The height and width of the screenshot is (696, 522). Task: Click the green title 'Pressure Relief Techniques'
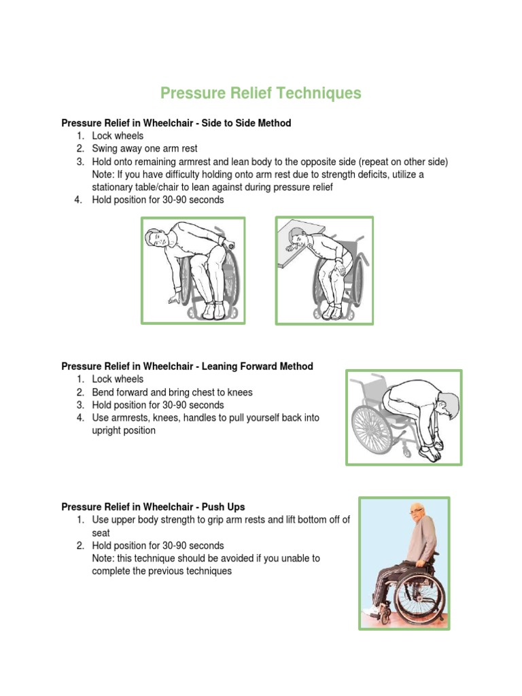click(260, 93)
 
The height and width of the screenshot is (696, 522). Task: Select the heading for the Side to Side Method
click(176, 123)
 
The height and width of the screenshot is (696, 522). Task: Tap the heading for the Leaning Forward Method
click(187, 366)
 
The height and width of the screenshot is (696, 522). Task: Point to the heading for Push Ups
click(153, 506)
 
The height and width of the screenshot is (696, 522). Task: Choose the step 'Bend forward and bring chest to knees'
click(172, 392)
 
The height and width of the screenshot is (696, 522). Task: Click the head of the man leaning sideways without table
click(156, 239)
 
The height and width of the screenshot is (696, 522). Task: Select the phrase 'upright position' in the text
click(124, 430)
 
